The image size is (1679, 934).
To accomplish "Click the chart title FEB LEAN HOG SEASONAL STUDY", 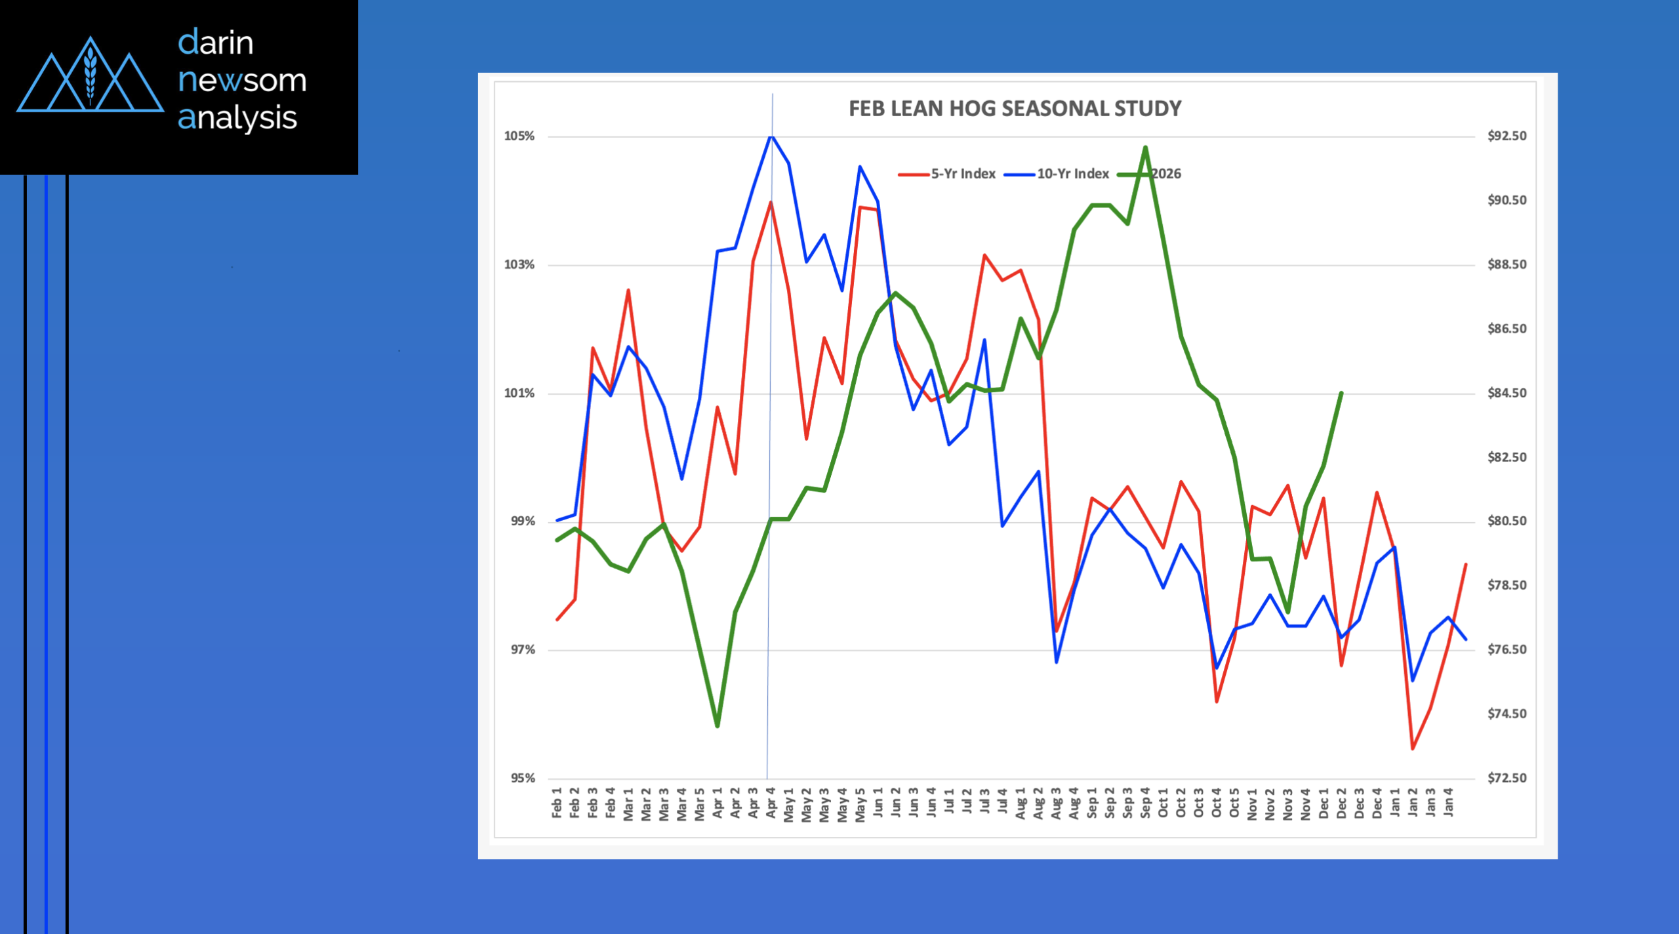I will pyautogui.click(x=1015, y=109).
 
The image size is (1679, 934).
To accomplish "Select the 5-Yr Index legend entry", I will pyautogui.click(x=963, y=174).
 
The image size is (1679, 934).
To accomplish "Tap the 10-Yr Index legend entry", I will pyautogui.click(x=1072, y=174).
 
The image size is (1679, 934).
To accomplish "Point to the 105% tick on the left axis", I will pyautogui.click(x=519, y=136).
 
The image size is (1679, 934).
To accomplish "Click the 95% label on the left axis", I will pyautogui.click(x=523, y=778).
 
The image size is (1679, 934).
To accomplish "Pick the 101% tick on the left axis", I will pyautogui.click(x=519, y=393).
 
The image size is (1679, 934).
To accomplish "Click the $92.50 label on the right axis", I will pyautogui.click(x=1507, y=136).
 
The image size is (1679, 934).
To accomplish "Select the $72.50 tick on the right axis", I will pyautogui.click(x=1507, y=778).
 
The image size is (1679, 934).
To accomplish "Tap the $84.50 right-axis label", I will pyautogui.click(x=1507, y=393).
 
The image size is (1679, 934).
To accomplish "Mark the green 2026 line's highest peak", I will pyautogui.click(x=1145, y=147).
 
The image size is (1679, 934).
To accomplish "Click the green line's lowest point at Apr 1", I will pyautogui.click(x=718, y=726).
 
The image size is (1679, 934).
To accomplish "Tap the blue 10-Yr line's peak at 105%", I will pyautogui.click(x=771, y=136).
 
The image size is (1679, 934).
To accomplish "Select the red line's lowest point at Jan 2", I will pyautogui.click(x=1413, y=748).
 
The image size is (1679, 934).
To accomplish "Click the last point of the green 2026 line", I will pyautogui.click(x=1341, y=393).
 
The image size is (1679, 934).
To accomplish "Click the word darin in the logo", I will pyautogui.click(x=216, y=43).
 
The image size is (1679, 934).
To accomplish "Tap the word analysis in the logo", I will pyautogui.click(x=237, y=118).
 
